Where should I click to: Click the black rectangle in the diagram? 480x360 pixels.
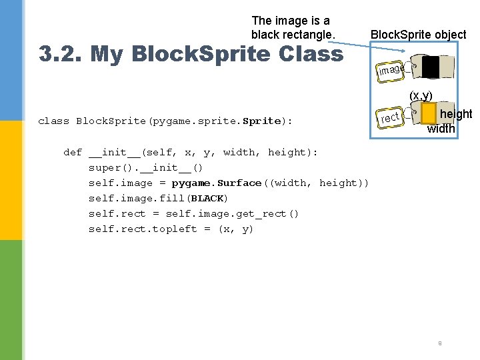pos(431,67)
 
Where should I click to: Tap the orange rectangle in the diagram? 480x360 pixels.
pos(429,114)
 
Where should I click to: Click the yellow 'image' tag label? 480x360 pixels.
pos(391,69)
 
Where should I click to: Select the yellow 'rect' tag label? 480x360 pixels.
pos(390,118)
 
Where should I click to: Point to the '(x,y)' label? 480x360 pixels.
pos(421,95)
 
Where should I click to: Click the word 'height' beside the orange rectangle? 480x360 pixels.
pos(456,115)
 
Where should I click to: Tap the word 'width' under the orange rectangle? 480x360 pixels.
pos(441,129)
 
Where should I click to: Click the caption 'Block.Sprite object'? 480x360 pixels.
pos(418,34)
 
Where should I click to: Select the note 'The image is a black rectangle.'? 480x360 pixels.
pos(291,27)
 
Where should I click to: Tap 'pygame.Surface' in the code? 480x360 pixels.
pos(217,183)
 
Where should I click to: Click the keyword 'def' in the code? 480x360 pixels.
pos(72,153)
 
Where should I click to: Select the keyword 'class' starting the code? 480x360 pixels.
pos(53,121)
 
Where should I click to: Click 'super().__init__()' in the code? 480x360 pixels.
pos(145,168)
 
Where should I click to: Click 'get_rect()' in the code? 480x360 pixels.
pos(270,214)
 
